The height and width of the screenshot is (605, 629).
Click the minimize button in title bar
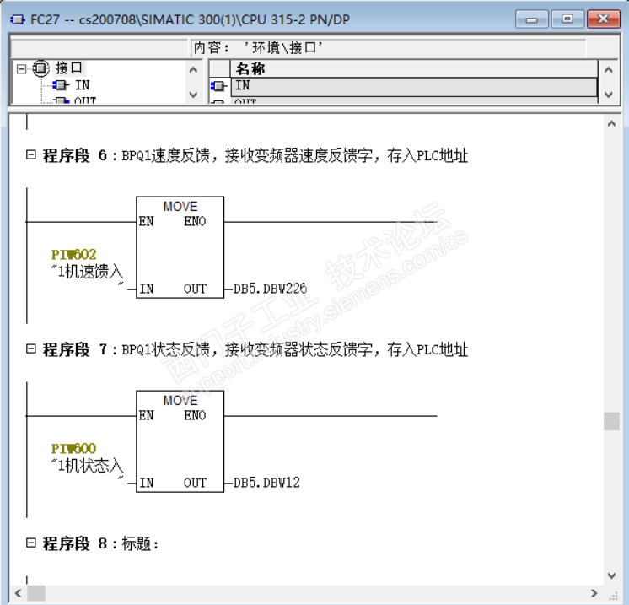(x=531, y=19)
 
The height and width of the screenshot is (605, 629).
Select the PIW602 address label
(x=73, y=254)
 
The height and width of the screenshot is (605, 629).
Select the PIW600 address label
(x=73, y=448)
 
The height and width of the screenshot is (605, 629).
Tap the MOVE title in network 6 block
(x=180, y=206)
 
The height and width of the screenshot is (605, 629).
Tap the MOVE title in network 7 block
(x=180, y=400)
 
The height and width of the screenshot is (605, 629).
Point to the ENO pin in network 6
(x=195, y=222)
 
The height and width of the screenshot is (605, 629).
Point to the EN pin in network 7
(x=147, y=416)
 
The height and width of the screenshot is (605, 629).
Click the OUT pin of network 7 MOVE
(x=195, y=483)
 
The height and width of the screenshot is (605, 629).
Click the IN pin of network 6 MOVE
(x=147, y=289)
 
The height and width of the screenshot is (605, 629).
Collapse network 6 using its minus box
(x=31, y=155)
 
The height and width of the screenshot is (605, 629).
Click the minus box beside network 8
(x=31, y=543)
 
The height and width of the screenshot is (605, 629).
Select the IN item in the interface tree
(x=82, y=84)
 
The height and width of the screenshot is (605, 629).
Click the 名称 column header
(x=250, y=69)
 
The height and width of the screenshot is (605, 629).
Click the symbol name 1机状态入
(x=88, y=466)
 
